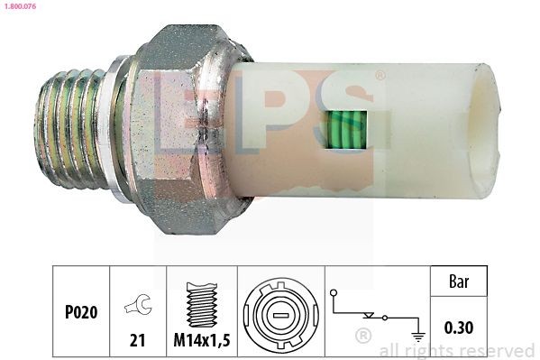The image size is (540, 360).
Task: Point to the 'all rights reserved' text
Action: click(x=457, y=351)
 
